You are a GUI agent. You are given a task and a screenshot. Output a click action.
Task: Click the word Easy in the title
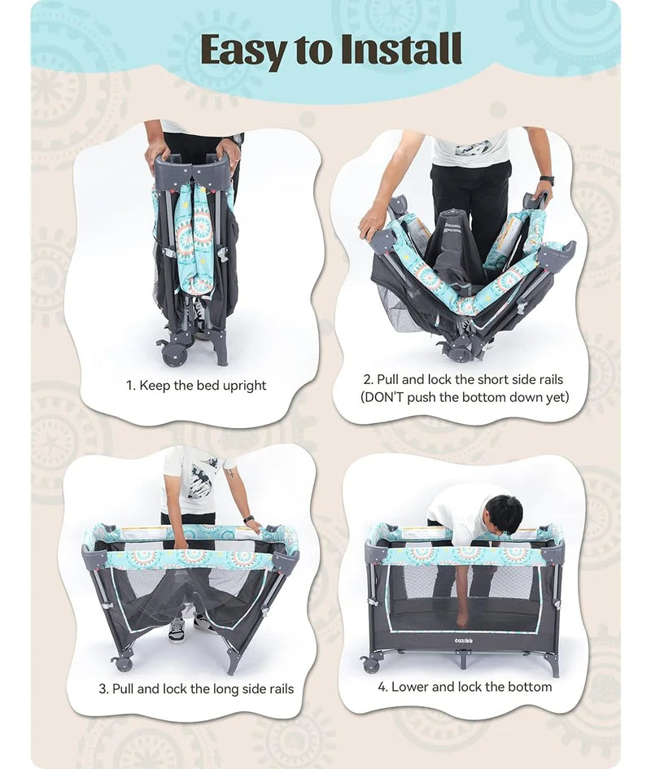(x=242, y=50)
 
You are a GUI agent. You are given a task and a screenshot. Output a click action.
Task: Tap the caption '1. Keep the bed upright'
(x=196, y=386)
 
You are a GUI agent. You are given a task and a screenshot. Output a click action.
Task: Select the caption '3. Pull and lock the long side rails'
(x=196, y=688)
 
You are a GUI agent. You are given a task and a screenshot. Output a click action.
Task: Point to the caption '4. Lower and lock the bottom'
(x=465, y=687)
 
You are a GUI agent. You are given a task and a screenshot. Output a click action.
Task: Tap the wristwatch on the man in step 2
(x=547, y=181)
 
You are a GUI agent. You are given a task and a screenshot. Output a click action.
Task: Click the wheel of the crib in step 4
(x=370, y=665)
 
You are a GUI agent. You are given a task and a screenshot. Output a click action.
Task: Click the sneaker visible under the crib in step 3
(x=176, y=630)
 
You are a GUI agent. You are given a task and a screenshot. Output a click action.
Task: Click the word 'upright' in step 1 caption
(x=244, y=386)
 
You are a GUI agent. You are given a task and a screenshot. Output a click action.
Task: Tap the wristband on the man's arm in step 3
(x=248, y=519)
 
